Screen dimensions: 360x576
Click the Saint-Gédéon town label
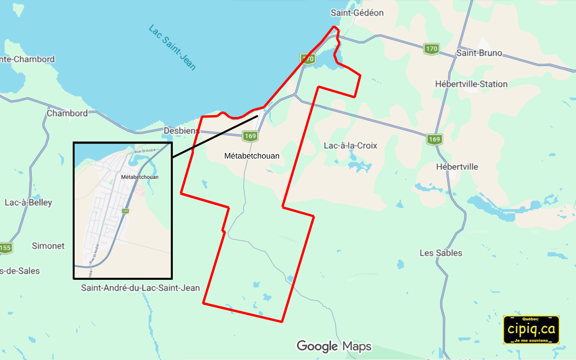coord(357,13)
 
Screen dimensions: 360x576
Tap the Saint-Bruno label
coord(479,53)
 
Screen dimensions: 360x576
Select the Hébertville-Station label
coord(471,84)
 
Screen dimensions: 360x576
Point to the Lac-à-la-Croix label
coord(350,145)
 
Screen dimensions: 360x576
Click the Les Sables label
coord(441,253)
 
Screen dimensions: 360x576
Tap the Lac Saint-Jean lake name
coord(172,47)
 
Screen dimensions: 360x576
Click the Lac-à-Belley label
coord(28,202)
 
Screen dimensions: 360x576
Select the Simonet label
coord(48,246)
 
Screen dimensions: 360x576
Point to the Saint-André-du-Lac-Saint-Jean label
coord(140,288)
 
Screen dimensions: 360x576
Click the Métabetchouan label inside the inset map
coord(140,177)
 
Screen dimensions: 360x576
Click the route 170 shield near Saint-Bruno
coord(431,49)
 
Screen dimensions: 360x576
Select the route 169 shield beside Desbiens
coord(250,136)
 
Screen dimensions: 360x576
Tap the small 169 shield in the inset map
coord(125,211)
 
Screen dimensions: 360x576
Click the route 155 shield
coord(5,248)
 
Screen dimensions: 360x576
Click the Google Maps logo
coord(334,346)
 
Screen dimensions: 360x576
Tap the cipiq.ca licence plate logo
coord(531,329)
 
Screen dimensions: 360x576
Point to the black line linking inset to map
coord(215,136)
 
